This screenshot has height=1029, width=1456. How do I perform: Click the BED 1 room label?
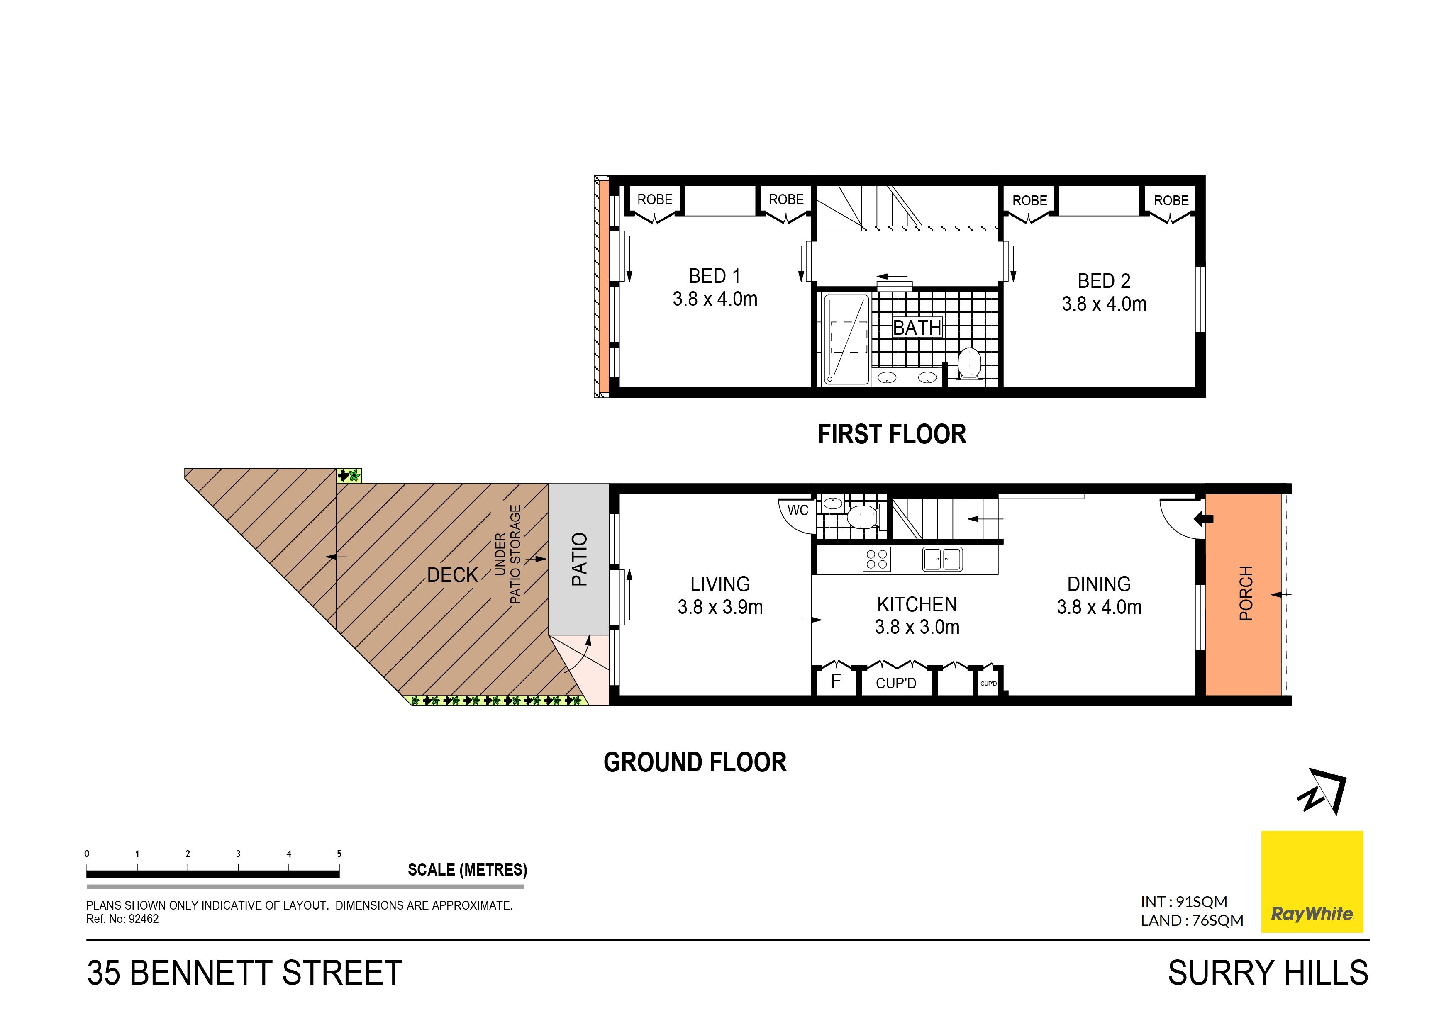(715, 276)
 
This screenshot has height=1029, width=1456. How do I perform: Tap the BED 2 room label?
(1104, 281)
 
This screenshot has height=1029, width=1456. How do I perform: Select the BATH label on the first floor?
(917, 327)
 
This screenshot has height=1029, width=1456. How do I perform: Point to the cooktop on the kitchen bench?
(877, 559)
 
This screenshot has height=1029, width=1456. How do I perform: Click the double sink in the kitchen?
(942, 559)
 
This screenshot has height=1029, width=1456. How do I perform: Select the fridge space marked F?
(836, 681)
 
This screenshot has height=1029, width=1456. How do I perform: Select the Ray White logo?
(1312, 881)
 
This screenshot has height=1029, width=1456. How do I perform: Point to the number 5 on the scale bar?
(339, 854)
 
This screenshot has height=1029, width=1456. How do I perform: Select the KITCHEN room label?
(917, 604)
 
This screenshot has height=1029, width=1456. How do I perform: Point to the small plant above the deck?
(349, 475)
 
